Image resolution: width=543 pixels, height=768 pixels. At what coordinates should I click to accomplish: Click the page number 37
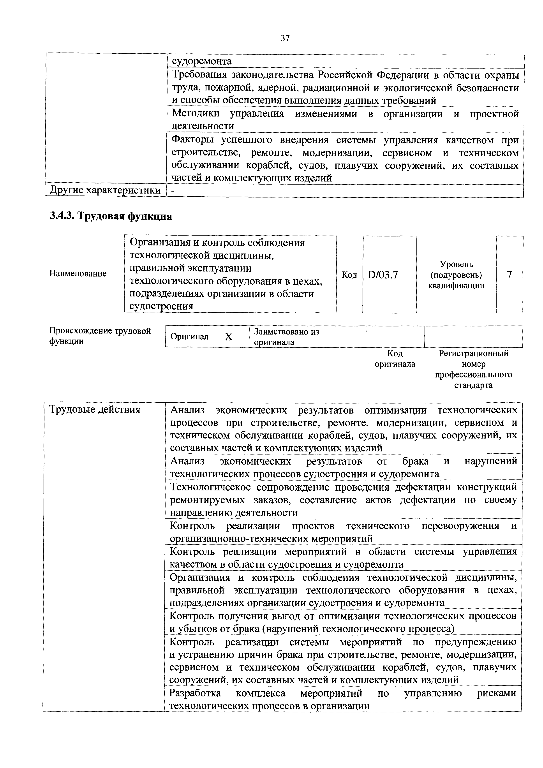click(x=285, y=39)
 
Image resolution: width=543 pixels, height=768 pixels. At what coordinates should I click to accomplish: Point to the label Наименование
click(x=78, y=274)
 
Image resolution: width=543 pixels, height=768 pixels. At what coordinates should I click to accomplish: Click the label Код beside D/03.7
click(x=349, y=275)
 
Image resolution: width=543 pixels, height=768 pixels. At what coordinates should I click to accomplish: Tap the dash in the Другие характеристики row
click(x=173, y=190)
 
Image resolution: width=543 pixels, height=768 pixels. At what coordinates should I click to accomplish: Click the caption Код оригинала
click(x=395, y=359)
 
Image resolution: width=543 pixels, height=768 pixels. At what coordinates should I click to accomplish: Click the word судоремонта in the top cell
click(x=202, y=61)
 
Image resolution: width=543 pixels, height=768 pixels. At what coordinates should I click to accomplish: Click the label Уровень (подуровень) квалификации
click(x=456, y=275)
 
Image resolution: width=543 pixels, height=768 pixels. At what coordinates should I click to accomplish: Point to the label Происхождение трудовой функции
click(x=100, y=336)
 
